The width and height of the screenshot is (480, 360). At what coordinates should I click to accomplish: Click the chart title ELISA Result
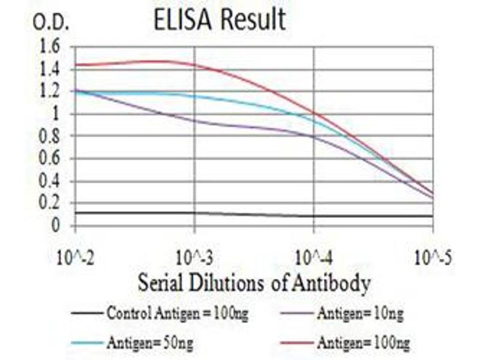[x=219, y=20]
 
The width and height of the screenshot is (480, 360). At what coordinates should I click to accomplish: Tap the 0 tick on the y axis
[x=56, y=226]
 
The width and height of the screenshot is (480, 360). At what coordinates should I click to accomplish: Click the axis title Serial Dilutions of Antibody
[x=254, y=283]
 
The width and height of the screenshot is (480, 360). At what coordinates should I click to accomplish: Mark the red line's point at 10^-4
[x=314, y=112]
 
